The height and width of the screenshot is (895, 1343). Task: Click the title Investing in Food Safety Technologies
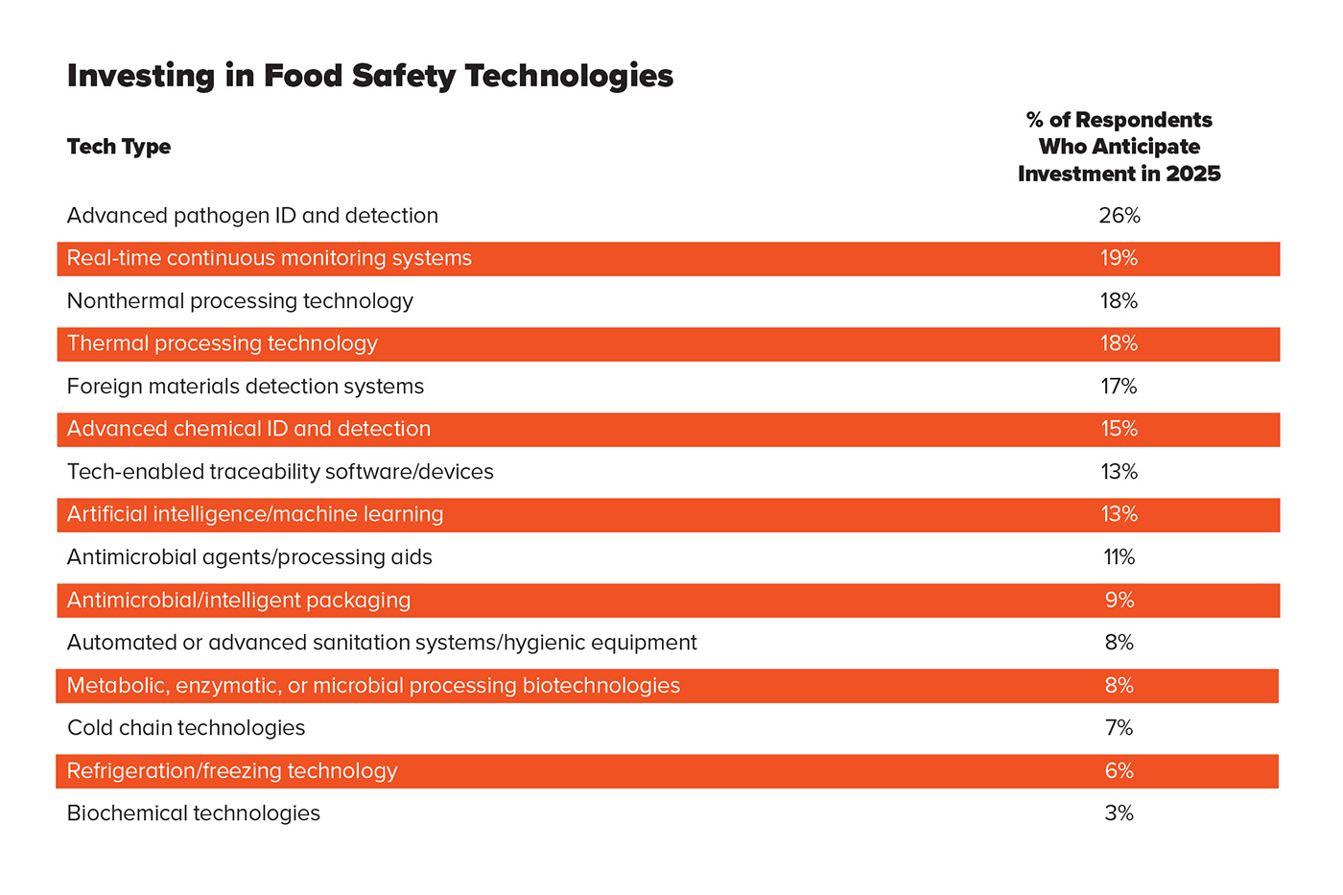pos(370,76)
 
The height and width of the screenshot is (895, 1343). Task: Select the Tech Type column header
pos(119,147)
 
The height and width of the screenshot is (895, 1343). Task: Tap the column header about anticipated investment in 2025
pos(1119,147)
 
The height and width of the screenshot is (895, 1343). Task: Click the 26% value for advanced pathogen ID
pos(1119,216)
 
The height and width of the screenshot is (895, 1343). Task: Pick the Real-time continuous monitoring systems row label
pos(270,258)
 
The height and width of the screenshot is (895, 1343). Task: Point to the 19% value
pos(1119,258)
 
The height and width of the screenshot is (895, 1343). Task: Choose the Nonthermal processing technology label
pos(240,301)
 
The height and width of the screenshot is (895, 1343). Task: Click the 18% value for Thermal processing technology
pos(1119,343)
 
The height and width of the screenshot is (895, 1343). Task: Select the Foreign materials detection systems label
pos(246,387)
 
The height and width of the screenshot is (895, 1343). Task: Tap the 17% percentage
pos(1119,387)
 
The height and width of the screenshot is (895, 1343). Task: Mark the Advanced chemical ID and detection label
pos(248,429)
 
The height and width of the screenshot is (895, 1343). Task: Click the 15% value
pos(1119,429)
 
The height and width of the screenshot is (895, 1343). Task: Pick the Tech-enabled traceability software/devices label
pos(280,472)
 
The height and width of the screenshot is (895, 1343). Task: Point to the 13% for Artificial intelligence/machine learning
pos(1119,514)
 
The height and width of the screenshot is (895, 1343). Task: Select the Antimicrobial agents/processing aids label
pos(249,557)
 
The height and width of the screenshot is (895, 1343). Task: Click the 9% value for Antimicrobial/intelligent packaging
pos(1119,601)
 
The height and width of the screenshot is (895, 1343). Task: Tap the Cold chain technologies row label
pos(186,728)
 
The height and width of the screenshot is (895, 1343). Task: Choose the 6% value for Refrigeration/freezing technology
pos(1119,771)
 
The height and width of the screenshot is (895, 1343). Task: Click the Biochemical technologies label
pos(194,813)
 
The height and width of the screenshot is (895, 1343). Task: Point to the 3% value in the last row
pos(1119,813)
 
